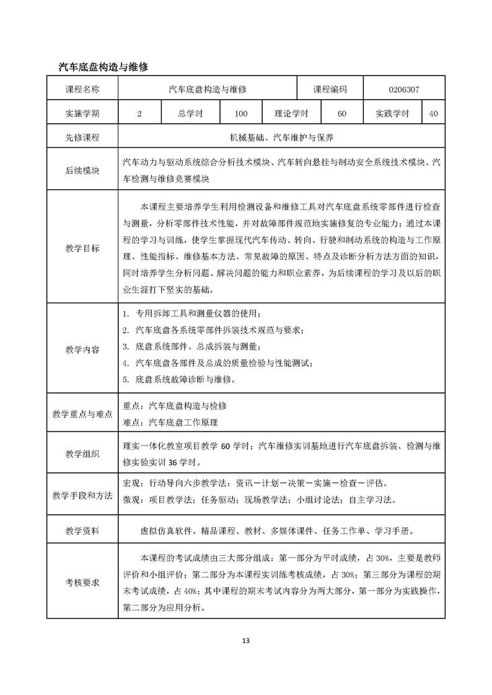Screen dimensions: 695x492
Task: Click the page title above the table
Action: (x=102, y=66)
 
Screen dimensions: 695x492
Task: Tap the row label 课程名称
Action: (x=82, y=90)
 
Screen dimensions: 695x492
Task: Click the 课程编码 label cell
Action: (x=330, y=90)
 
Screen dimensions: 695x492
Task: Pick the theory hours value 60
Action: (x=342, y=114)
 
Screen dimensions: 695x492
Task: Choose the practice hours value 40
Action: (x=433, y=114)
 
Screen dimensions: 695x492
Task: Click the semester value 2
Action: (x=139, y=114)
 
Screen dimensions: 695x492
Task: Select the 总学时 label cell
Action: (x=191, y=114)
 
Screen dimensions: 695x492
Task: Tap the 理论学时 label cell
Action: (x=291, y=114)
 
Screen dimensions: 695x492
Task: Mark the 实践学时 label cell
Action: (x=392, y=114)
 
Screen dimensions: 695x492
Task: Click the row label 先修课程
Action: (x=82, y=138)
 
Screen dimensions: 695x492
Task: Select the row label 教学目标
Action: (x=82, y=248)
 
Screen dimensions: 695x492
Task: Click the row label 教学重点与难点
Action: (x=82, y=415)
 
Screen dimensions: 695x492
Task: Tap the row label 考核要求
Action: (x=82, y=582)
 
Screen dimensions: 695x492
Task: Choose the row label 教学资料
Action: (x=82, y=530)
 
